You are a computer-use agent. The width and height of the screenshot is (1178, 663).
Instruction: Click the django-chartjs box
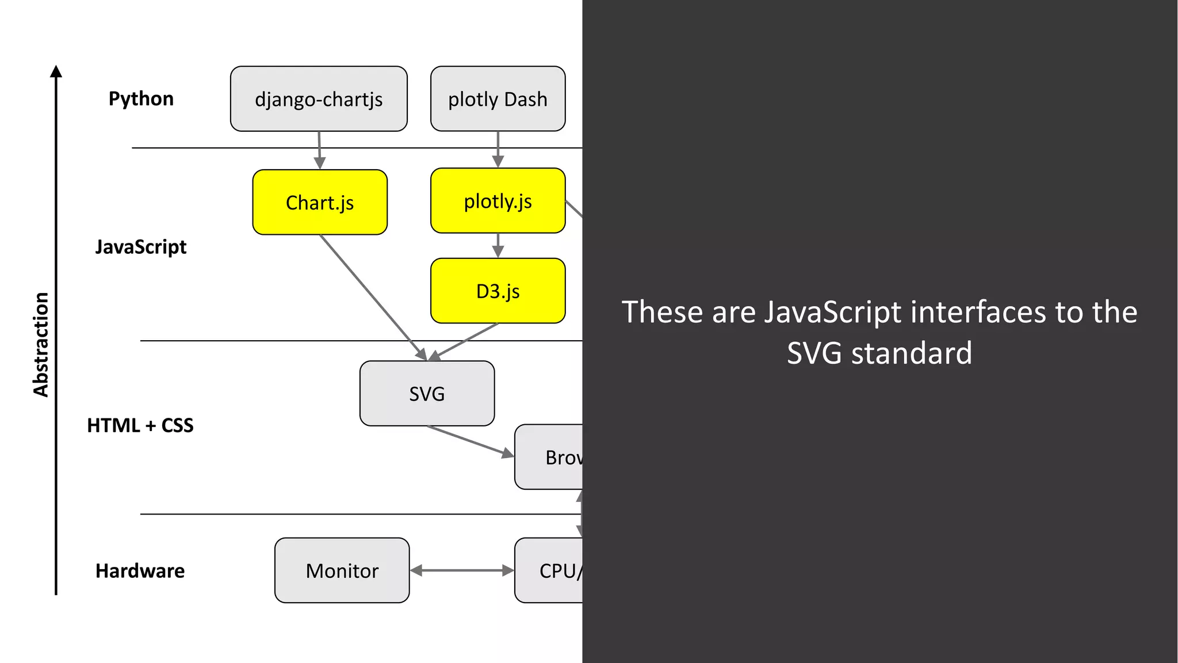(x=319, y=99)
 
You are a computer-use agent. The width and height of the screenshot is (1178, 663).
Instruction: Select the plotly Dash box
(x=498, y=99)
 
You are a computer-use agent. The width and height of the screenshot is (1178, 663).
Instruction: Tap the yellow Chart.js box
(x=320, y=203)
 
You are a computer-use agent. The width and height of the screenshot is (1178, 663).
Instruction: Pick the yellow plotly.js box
(x=498, y=201)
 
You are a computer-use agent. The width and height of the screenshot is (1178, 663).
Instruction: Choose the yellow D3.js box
(x=498, y=291)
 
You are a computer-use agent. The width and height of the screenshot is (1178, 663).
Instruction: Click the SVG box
(x=427, y=394)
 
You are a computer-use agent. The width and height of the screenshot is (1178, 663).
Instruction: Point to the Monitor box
(x=342, y=570)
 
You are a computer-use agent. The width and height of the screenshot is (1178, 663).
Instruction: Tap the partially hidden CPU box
(x=549, y=570)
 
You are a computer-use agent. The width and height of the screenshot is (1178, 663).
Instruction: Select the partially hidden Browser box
(x=549, y=458)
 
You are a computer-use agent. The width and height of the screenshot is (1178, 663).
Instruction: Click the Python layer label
(x=141, y=98)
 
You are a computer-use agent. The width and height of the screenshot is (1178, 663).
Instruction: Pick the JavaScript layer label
(x=141, y=247)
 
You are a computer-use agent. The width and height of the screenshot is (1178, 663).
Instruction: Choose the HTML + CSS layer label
(x=140, y=425)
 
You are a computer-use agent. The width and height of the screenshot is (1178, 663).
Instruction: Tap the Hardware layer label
(x=140, y=571)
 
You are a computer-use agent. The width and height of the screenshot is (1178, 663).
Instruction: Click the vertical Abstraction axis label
(x=41, y=344)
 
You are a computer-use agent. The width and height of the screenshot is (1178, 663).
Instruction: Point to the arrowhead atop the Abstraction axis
(x=56, y=71)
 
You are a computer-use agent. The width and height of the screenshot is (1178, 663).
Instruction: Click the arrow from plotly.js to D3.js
(x=498, y=246)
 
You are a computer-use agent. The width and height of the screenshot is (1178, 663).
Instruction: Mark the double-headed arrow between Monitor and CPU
(x=462, y=570)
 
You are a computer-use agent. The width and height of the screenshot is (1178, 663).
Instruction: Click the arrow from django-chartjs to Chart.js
(x=319, y=150)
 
